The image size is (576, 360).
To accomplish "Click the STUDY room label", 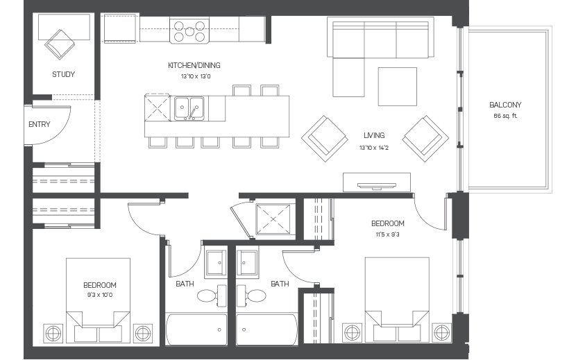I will pos(63,74).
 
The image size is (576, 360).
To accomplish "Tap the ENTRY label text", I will pos(39,124).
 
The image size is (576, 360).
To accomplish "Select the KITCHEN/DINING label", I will pos(194,65).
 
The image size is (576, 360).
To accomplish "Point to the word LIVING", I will pos(373,136).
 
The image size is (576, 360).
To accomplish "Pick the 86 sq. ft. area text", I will pos(505,115).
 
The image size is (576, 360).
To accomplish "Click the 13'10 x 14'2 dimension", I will pos(373,148).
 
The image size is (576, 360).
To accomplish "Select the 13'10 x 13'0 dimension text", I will pos(194,76).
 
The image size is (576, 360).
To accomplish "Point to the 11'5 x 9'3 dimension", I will pos(387,234).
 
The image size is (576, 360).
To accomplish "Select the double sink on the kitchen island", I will pos(188,108).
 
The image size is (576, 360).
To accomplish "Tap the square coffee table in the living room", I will pos(397,86).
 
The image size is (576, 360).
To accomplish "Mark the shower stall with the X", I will pos(275,219).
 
